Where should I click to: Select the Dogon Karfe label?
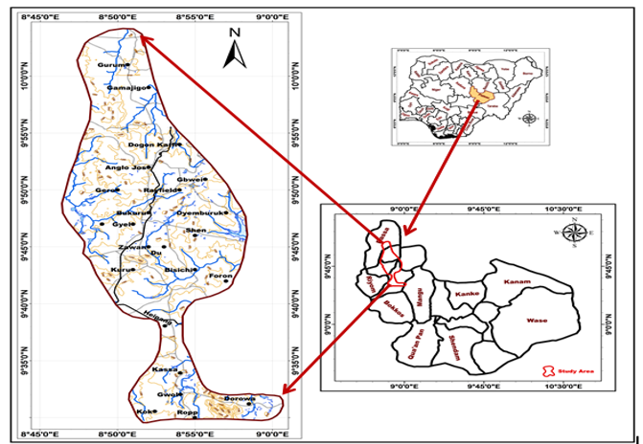tap(153, 144)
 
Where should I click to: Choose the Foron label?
tap(220, 277)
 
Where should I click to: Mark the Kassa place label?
tap(165, 368)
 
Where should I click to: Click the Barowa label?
tap(238, 398)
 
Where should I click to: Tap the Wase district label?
tap(537, 321)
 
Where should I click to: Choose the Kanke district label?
tap(467, 293)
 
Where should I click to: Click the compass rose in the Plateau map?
tap(575, 233)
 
